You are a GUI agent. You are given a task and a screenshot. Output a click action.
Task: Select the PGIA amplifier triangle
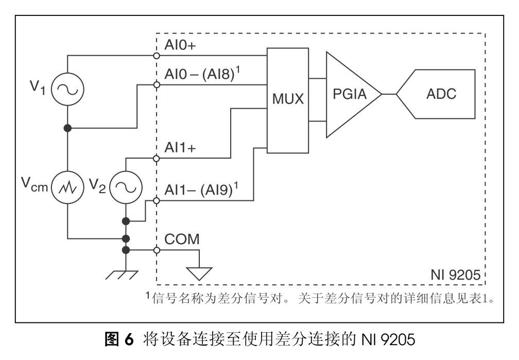[349, 95]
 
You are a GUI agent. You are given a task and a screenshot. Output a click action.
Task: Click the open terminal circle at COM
[157, 250]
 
